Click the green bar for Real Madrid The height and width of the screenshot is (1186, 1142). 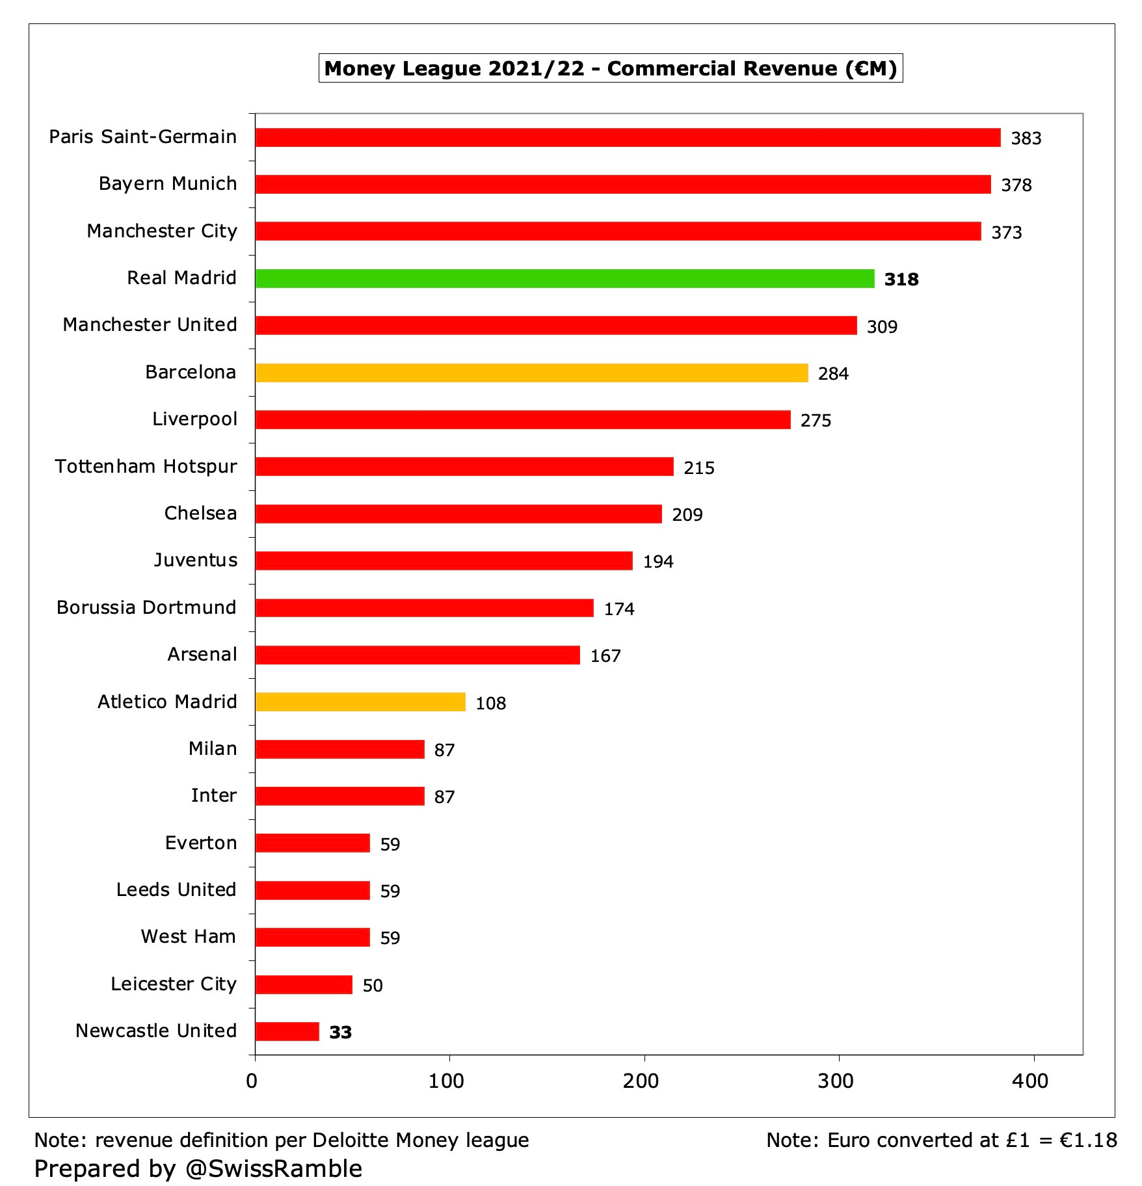click(564, 278)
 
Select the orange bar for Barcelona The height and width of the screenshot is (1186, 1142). click(531, 373)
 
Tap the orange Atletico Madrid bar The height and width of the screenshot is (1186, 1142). click(360, 702)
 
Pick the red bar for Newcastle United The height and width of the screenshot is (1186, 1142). click(287, 1032)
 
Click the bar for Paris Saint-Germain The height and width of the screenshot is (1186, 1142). click(628, 137)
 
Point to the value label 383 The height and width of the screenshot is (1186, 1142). click(1026, 138)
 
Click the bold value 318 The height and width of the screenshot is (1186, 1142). click(901, 280)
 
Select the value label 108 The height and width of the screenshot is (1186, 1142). click(490, 704)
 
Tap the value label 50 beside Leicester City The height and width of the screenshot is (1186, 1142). click(372, 986)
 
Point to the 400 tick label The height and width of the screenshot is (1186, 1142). click(1030, 1081)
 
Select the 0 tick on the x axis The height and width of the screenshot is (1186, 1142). click(252, 1081)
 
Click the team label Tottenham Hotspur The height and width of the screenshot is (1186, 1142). click(146, 467)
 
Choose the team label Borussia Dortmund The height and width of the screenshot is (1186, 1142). click(146, 607)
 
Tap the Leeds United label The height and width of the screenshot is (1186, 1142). click(176, 890)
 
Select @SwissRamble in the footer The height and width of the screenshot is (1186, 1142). click(273, 1168)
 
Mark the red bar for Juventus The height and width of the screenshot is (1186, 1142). click(444, 560)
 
